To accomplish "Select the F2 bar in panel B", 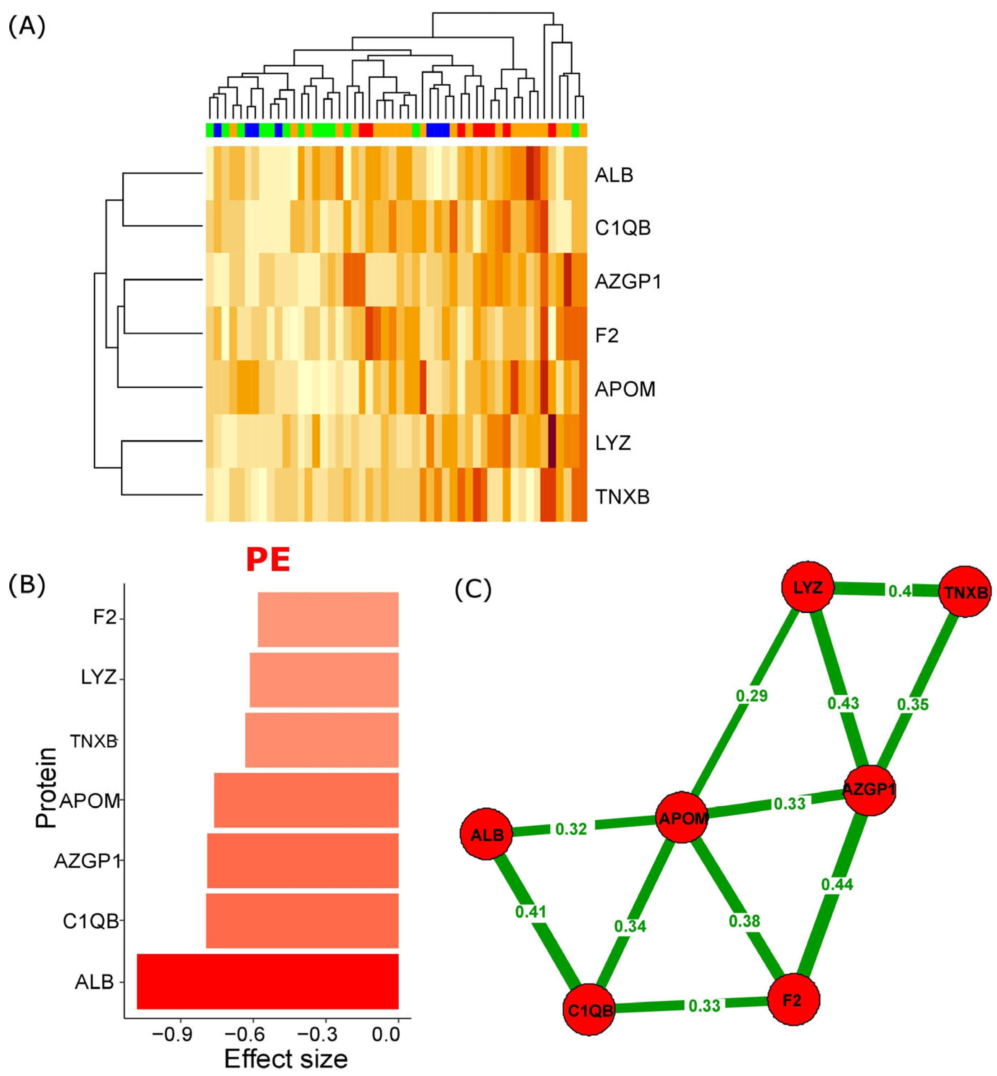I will (328, 619).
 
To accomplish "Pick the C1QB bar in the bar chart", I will (302, 921).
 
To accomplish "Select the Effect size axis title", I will (286, 1059).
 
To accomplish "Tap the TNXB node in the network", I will (965, 592).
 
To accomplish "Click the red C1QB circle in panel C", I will (590, 1009).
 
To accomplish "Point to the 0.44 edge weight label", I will (837, 884).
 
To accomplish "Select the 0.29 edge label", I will (752, 696).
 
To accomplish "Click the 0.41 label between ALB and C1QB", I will (531, 911).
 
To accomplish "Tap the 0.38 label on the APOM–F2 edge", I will (744, 921).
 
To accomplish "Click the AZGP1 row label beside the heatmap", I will (628, 282).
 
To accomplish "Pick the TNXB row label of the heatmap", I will (622, 496).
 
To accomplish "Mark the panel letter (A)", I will (27, 25).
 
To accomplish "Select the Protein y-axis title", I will (46, 787).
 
